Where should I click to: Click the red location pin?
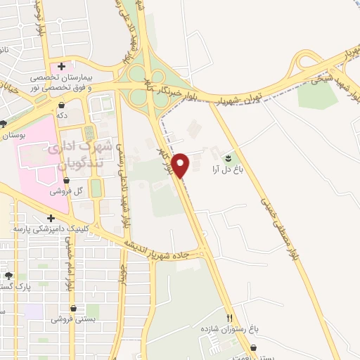click(181, 165)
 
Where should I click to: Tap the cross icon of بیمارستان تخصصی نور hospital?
click(63, 66)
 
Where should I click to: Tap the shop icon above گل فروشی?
click(65, 180)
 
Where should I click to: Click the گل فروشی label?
click(65, 191)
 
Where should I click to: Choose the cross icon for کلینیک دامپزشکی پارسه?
click(51, 219)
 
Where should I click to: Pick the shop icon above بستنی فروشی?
click(73, 308)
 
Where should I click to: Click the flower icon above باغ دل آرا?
click(227, 159)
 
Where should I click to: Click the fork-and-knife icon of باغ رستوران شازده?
click(229, 317)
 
